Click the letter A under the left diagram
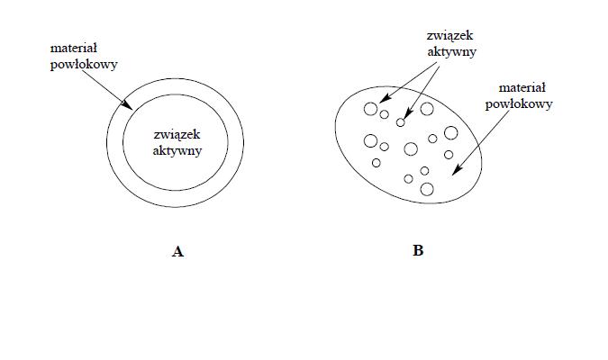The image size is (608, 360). tap(177, 252)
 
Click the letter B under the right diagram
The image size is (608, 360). tap(418, 251)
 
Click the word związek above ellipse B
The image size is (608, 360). tap(449, 37)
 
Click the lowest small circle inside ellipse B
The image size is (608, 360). tap(427, 188)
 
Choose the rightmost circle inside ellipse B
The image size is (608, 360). tap(451, 132)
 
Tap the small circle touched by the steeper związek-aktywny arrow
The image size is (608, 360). tap(401, 122)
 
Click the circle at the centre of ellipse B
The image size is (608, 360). tap(411, 148)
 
